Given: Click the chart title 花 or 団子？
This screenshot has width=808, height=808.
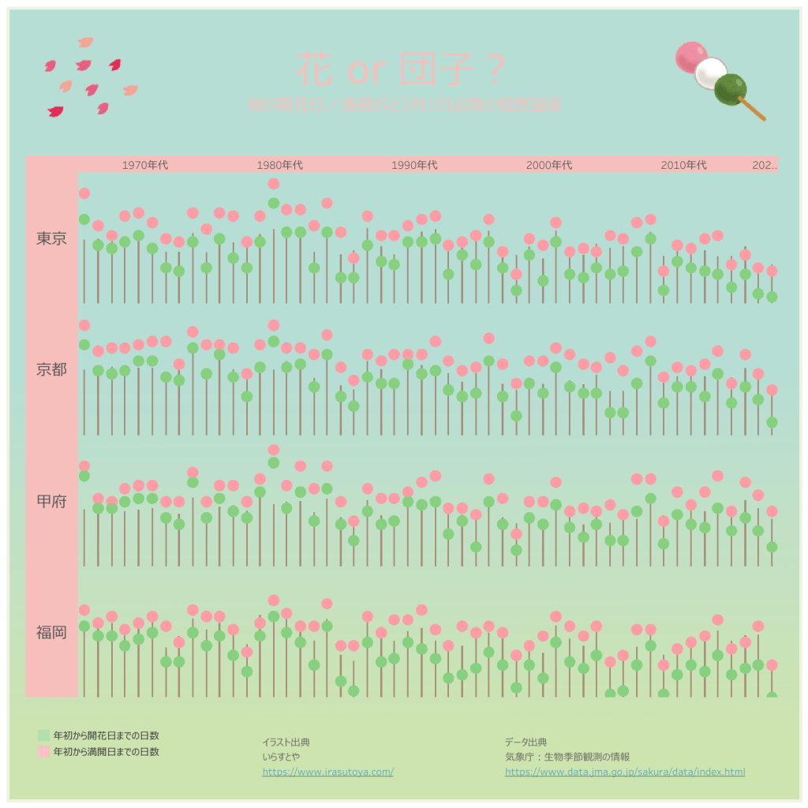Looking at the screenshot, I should click(x=401, y=70).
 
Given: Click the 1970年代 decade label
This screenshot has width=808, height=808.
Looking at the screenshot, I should click(x=145, y=165).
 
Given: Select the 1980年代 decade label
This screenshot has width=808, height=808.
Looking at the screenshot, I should click(x=280, y=165).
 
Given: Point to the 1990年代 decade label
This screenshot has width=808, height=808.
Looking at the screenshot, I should click(x=414, y=165).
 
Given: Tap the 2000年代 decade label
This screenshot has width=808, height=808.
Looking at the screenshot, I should click(x=549, y=165).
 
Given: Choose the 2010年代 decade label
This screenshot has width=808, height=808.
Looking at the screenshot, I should click(x=683, y=165).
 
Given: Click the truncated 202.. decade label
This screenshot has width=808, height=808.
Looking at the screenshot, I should click(x=765, y=165).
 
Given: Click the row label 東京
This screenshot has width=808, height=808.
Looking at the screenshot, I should click(x=51, y=238).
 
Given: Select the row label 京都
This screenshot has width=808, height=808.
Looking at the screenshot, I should click(x=51, y=369).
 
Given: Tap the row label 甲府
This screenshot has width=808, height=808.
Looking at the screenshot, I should click(x=51, y=501).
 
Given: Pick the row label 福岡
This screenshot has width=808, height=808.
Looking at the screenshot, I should click(x=51, y=632).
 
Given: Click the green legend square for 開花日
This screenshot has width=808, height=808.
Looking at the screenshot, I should click(x=43, y=735).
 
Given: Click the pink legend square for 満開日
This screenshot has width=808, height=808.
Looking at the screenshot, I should click(x=43, y=752).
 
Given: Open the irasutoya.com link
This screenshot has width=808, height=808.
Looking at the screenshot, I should click(x=327, y=772).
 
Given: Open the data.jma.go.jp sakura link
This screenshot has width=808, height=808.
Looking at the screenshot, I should click(x=625, y=772).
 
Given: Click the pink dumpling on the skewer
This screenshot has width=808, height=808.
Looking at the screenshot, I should click(x=692, y=57).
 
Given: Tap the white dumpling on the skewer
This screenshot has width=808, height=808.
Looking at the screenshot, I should click(x=711, y=73).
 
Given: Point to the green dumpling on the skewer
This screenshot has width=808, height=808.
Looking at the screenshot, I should click(x=731, y=89).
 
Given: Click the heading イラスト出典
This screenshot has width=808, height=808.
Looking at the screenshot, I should click(x=286, y=743).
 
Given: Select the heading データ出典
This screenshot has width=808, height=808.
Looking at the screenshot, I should click(x=526, y=743).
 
